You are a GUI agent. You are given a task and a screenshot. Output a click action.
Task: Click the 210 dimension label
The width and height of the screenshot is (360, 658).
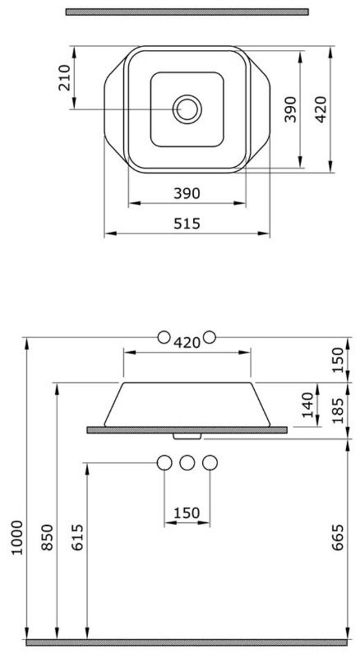tap(64, 78)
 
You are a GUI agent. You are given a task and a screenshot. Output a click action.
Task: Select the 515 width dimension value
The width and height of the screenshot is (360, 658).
tap(187, 224)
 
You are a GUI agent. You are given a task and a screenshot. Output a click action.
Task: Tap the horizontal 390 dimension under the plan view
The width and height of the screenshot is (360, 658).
tap(187, 193)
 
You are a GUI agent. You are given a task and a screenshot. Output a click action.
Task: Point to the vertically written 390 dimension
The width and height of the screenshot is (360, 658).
tap(290, 109)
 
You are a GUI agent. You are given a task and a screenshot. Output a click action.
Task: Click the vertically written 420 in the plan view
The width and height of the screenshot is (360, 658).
tap(321, 109)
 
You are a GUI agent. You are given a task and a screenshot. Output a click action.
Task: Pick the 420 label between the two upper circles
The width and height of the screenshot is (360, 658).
tap(187, 342)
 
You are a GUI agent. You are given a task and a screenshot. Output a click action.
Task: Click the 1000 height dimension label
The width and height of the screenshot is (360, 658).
tap(17, 537)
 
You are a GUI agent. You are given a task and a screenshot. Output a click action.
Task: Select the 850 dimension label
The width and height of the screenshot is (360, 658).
tap(47, 537)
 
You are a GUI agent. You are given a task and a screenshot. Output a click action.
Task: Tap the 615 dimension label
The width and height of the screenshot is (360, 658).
tap(78, 537)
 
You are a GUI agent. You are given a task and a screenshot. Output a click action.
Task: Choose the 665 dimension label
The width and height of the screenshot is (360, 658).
tap(337, 537)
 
